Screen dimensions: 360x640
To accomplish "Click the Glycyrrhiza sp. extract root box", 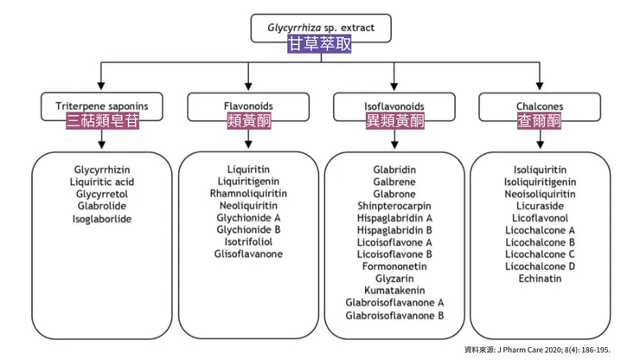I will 319,27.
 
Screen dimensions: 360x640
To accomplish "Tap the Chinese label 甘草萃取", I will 319,43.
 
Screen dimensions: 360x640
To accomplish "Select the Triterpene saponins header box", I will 102,106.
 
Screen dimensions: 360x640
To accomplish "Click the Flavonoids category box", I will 247,106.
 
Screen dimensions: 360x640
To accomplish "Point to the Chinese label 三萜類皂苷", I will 102,122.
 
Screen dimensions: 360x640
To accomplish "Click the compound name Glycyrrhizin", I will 102,170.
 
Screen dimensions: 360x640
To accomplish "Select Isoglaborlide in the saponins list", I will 102,219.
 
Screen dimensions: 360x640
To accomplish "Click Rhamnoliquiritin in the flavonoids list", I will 247,194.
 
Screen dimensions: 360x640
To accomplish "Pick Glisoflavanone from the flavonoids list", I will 247,254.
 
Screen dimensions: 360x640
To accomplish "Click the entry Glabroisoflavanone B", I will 394,315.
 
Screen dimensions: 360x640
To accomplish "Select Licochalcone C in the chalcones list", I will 540,254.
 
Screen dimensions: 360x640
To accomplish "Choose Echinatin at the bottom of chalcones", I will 540,279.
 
